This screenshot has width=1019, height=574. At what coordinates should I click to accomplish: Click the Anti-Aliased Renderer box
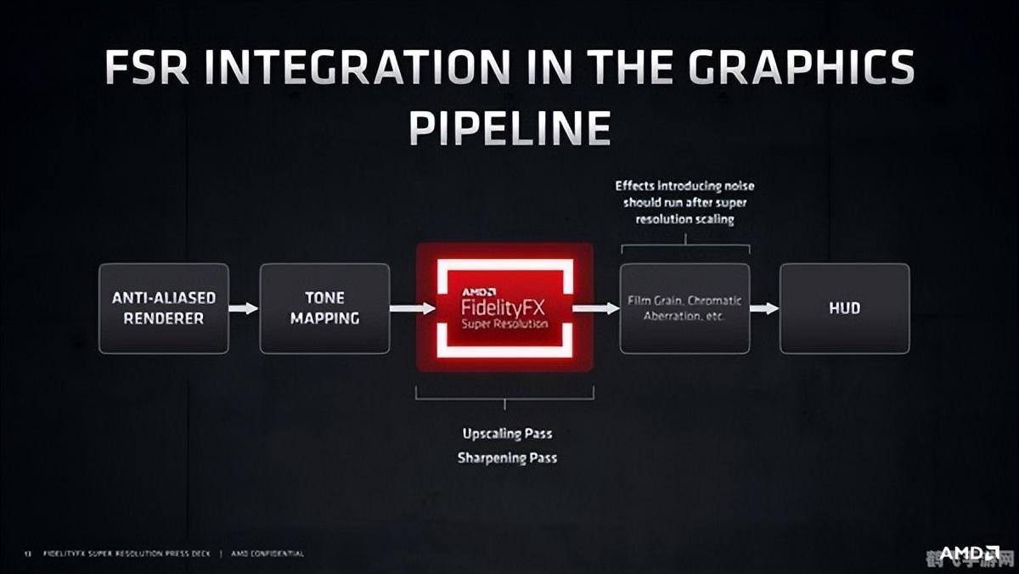pos(164,308)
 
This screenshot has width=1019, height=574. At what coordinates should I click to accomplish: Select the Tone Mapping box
pos(324,308)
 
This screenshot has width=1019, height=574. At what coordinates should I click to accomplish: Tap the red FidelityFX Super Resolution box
pos(504,307)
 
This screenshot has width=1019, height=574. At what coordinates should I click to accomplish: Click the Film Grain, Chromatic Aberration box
pos(684,308)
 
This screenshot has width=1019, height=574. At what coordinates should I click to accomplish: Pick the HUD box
pos(844,308)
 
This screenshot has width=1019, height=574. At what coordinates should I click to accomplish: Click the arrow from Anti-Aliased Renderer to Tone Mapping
pos(244,308)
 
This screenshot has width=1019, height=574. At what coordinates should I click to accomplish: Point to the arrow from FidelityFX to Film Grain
pos(596,308)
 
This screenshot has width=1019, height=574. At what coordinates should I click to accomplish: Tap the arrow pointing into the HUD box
pos(764,308)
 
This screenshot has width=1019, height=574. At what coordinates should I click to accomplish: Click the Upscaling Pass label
pos(507,434)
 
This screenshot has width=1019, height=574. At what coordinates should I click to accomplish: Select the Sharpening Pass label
pos(507,458)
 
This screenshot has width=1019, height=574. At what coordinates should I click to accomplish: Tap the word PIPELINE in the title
pos(509,127)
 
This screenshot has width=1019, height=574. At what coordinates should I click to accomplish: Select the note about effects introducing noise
pos(684,202)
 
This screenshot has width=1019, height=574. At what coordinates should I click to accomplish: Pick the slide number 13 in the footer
pos(27,554)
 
